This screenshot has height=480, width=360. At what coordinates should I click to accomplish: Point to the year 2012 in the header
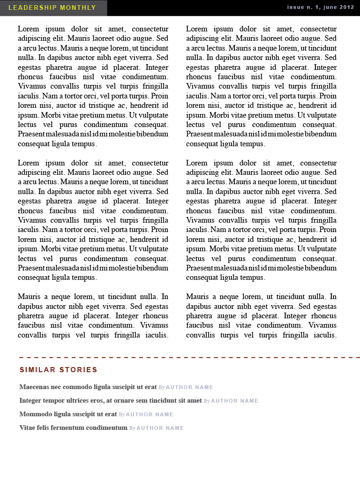[x=346, y=7]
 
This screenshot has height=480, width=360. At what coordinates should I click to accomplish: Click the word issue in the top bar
[x=296, y=7]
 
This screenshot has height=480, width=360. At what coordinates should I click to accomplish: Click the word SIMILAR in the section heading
[x=37, y=370]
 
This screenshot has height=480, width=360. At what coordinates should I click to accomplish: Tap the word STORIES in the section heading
[x=78, y=370]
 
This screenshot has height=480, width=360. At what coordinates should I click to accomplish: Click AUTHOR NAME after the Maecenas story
[x=189, y=387]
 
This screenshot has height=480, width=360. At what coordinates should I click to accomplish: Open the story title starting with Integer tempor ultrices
[x=111, y=400]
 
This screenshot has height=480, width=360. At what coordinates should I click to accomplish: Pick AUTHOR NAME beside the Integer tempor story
[x=234, y=401]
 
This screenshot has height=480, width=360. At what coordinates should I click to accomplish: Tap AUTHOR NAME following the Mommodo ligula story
[x=150, y=414]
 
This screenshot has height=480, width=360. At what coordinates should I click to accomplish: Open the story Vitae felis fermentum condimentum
[x=73, y=427]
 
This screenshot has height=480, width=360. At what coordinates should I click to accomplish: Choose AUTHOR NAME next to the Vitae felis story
[x=160, y=428]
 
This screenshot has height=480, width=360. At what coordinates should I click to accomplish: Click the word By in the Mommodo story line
[x=122, y=414]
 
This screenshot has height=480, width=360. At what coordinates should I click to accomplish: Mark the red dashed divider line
[x=187, y=358]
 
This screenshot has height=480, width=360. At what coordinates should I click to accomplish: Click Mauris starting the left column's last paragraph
[x=29, y=297]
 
